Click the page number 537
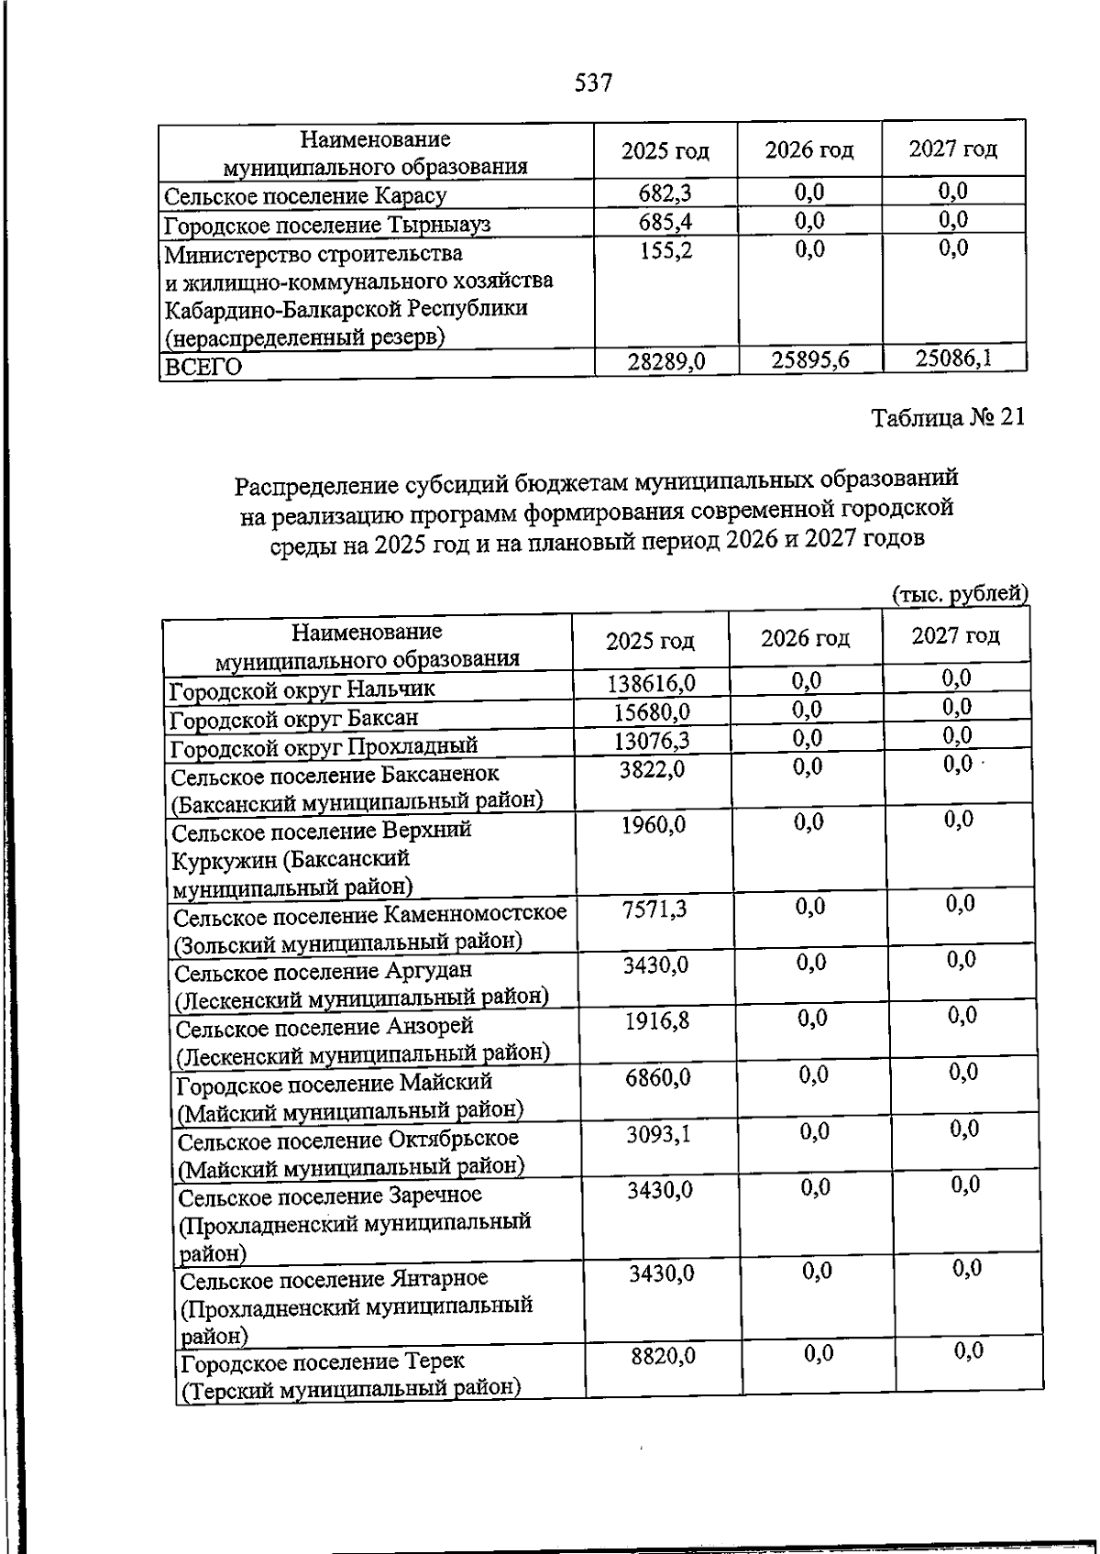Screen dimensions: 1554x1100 pos(593,83)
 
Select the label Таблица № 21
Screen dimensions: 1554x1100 pos(947,417)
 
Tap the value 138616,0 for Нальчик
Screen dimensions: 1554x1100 pos(652,682)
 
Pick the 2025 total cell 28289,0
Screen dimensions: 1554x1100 pos(666,361)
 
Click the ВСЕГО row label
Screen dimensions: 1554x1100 pos(203,367)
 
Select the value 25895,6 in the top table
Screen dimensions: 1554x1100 pos(809,359)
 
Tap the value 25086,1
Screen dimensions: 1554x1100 pos(953,357)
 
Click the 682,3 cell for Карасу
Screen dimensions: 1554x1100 pos(665,193)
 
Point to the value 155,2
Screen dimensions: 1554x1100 pos(665,250)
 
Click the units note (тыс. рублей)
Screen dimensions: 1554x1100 pos(960,594)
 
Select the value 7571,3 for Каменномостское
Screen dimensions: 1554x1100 pos(654,909)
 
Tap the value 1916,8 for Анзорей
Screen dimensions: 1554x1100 pos(657,1020)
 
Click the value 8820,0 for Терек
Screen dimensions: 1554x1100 pos(663,1355)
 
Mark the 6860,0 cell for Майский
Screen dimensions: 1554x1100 pos(658,1077)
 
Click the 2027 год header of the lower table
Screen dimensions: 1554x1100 pos(954,635)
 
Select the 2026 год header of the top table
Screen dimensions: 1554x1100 pos(809,149)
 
